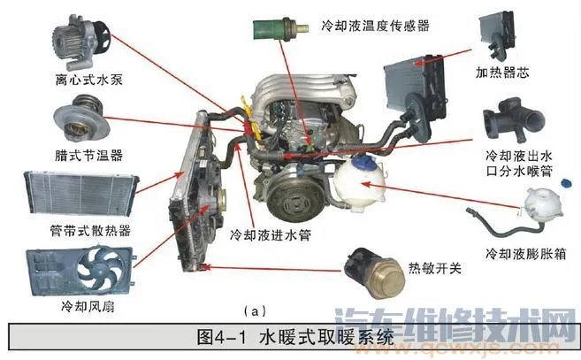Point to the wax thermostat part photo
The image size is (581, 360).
pos(80,121)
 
